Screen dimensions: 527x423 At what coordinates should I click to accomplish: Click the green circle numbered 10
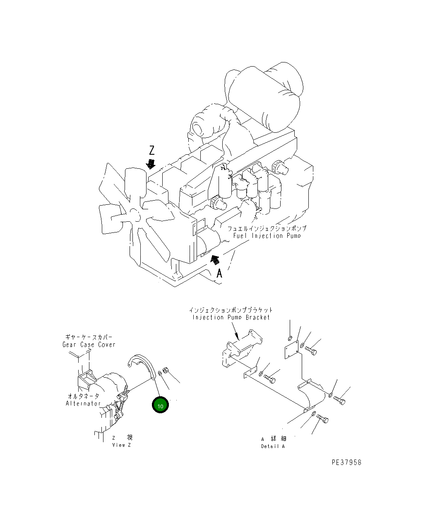point(160,405)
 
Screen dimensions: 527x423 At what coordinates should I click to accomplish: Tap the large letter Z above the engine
point(152,150)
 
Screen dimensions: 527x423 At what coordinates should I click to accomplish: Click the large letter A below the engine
point(220,273)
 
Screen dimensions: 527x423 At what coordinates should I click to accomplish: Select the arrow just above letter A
point(214,260)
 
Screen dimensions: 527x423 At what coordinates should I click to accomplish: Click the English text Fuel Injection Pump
point(267,236)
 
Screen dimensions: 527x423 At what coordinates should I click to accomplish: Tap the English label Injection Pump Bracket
point(231,317)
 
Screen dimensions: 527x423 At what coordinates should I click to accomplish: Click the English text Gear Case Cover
point(89,345)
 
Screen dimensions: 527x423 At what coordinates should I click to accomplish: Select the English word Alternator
point(83,403)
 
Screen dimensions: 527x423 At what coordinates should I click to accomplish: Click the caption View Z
point(121,445)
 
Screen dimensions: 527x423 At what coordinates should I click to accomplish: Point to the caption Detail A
point(273,446)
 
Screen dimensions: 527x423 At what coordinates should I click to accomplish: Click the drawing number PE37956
point(346,462)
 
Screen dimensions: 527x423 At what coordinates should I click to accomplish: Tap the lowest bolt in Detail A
point(323,420)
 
